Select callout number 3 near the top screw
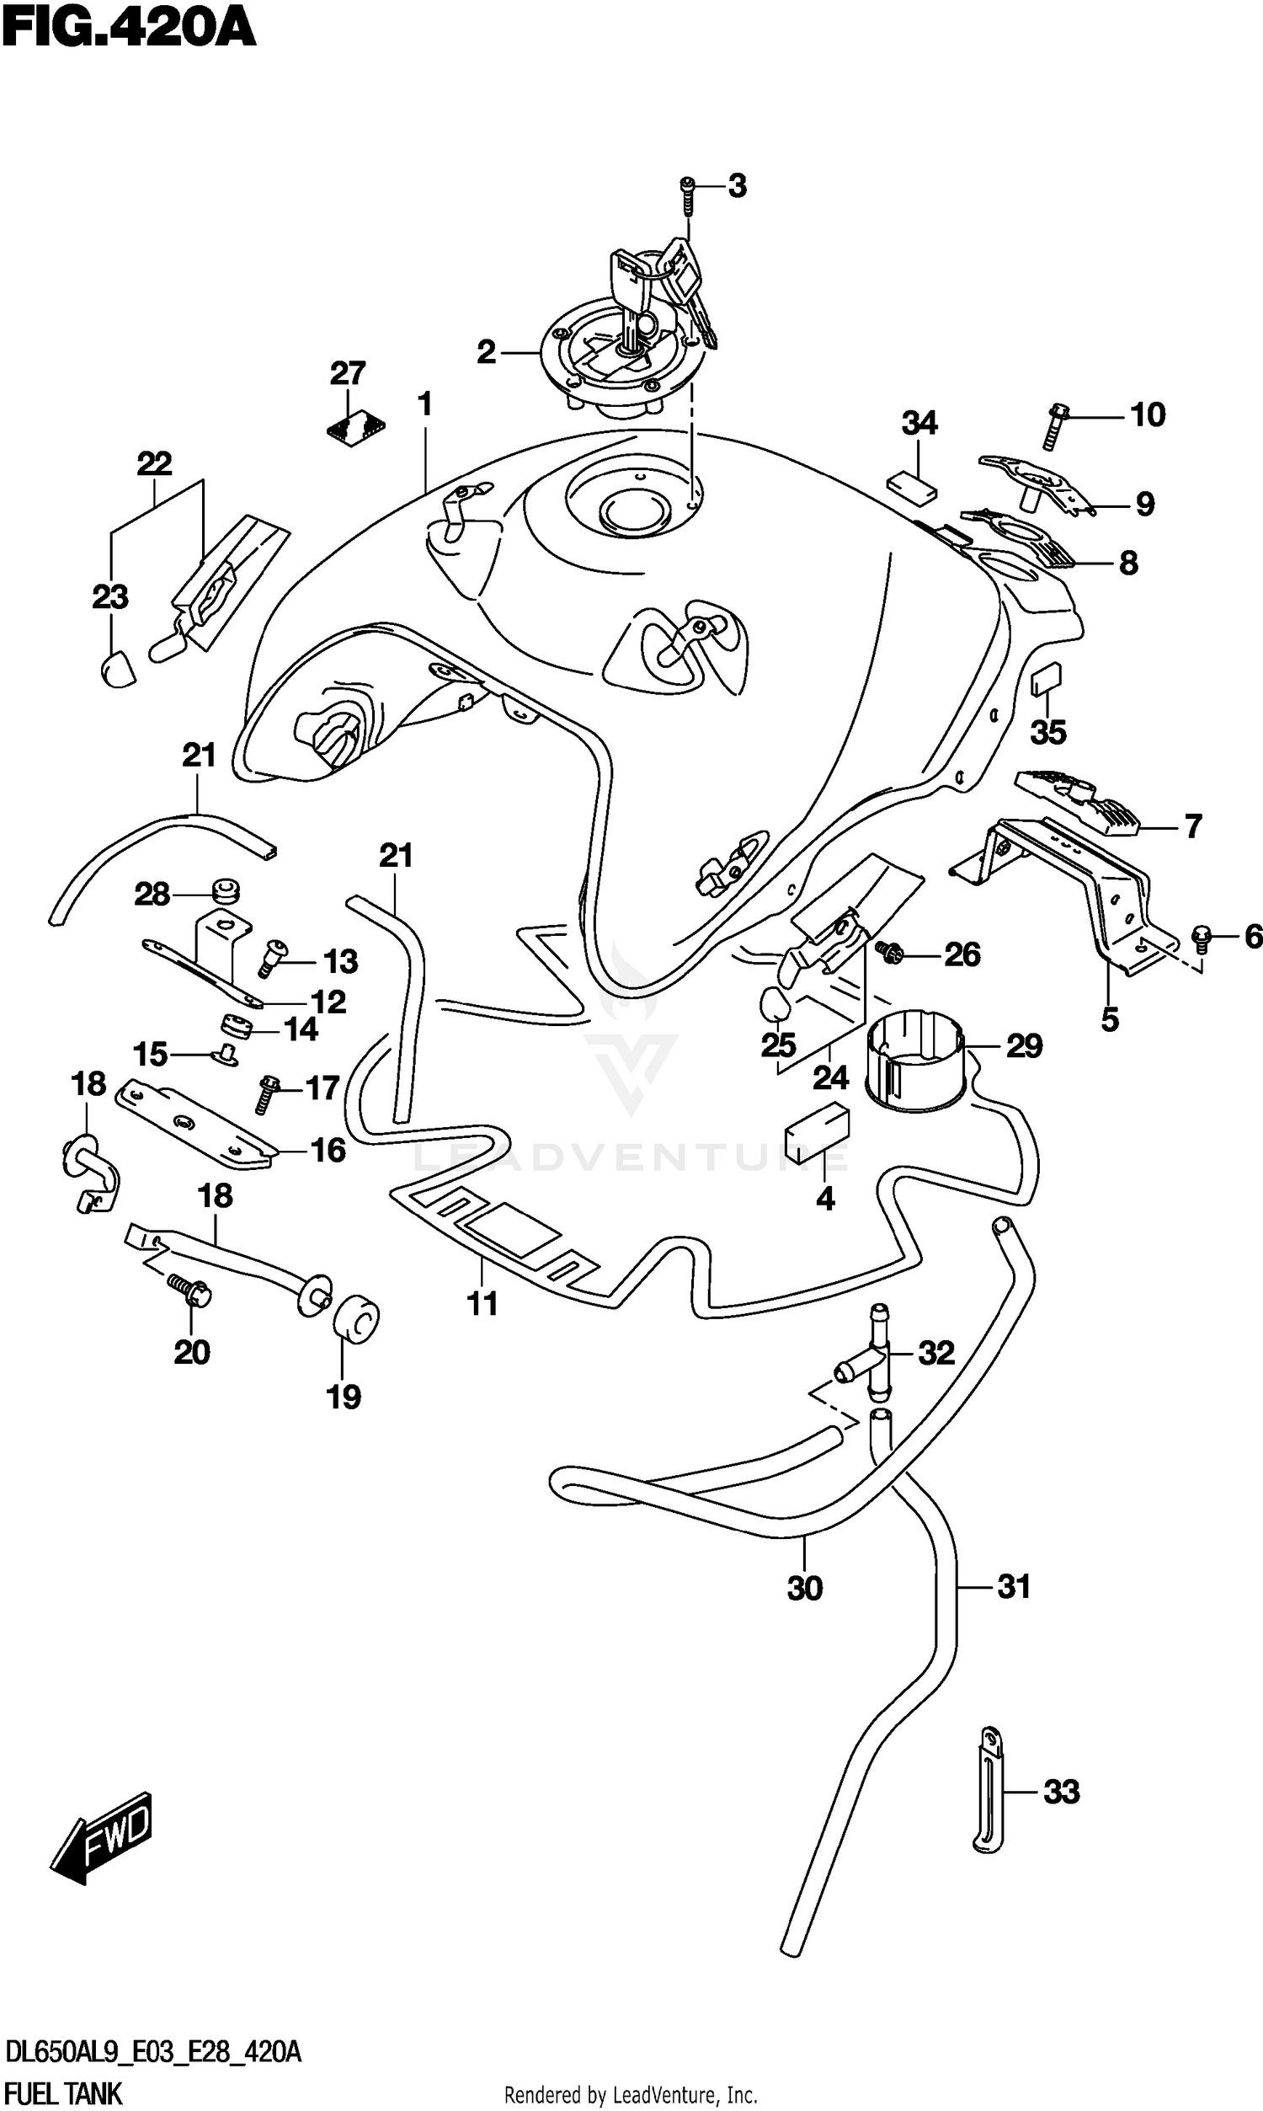[737, 186]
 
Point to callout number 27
[347, 373]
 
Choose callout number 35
[1047, 732]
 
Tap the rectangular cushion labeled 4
[816, 1132]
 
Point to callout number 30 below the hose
[804, 1589]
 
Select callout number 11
[482, 1303]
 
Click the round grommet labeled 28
[226, 891]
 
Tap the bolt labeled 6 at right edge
[1202, 938]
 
